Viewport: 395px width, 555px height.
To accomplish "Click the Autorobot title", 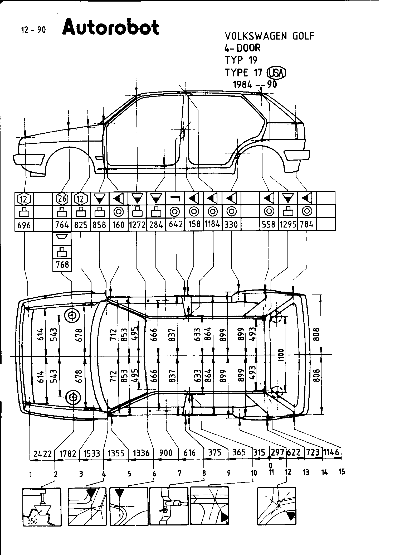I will click(x=111, y=27).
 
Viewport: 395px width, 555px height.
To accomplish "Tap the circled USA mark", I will click(x=276, y=73).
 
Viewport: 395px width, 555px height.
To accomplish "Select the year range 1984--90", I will click(x=255, y=85).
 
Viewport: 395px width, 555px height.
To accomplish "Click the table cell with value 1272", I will click(x=137, y=225).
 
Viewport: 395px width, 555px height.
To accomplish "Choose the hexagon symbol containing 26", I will click(x=62, y=199).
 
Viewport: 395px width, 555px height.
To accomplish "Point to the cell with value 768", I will click(x=62, y=264).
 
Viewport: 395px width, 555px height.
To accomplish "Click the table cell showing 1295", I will click(x=288, y=225).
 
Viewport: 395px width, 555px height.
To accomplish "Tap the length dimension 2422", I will click(x=42, y=453).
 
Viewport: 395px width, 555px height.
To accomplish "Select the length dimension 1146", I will click(x=331, y=452).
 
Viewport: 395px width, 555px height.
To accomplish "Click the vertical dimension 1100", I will click(x=281, y=355).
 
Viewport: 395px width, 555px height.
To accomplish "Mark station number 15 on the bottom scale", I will click(x=342, y=472).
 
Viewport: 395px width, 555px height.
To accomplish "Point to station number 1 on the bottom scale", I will click(x=31, y=475).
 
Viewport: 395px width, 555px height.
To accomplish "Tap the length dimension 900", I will click(x=166, y=453).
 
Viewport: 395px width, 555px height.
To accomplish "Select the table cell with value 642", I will click(x=175, y=224).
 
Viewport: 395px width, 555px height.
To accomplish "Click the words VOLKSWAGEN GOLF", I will click(x=269, y=36).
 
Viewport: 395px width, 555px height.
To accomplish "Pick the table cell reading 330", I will click(x=231, y=225).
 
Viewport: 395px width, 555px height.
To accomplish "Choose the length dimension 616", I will click(x=189, y=453).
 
